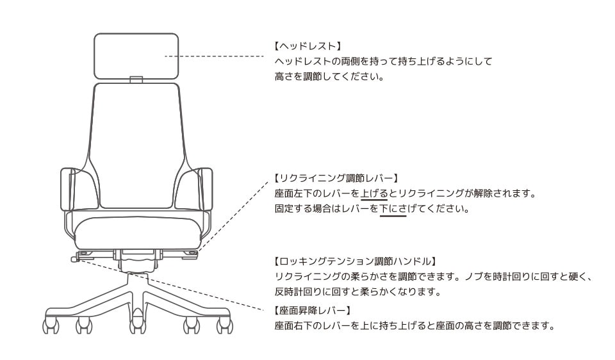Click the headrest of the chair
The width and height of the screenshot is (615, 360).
tap(136, 56)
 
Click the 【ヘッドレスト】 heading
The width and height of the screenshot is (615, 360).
tap(307, 46)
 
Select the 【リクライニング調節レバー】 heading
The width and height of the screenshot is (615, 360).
tap(336, 177)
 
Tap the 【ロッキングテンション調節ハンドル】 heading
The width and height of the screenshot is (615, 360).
tap(355, 261)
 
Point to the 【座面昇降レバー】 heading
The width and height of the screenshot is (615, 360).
tap(312, 310)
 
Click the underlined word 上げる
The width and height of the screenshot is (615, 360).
tap(374, 193)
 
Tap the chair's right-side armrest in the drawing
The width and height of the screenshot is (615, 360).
tap(203, 189)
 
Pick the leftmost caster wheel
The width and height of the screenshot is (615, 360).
tap(50, 325)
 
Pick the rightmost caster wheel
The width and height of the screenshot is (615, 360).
tap(225, 325)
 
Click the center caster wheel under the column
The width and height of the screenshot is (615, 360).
tap(136, 325)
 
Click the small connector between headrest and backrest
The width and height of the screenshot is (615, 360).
tap(136, 81)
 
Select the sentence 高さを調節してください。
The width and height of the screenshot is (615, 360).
tap(329, 77)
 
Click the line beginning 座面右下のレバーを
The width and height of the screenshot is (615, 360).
tap(414, 325)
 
